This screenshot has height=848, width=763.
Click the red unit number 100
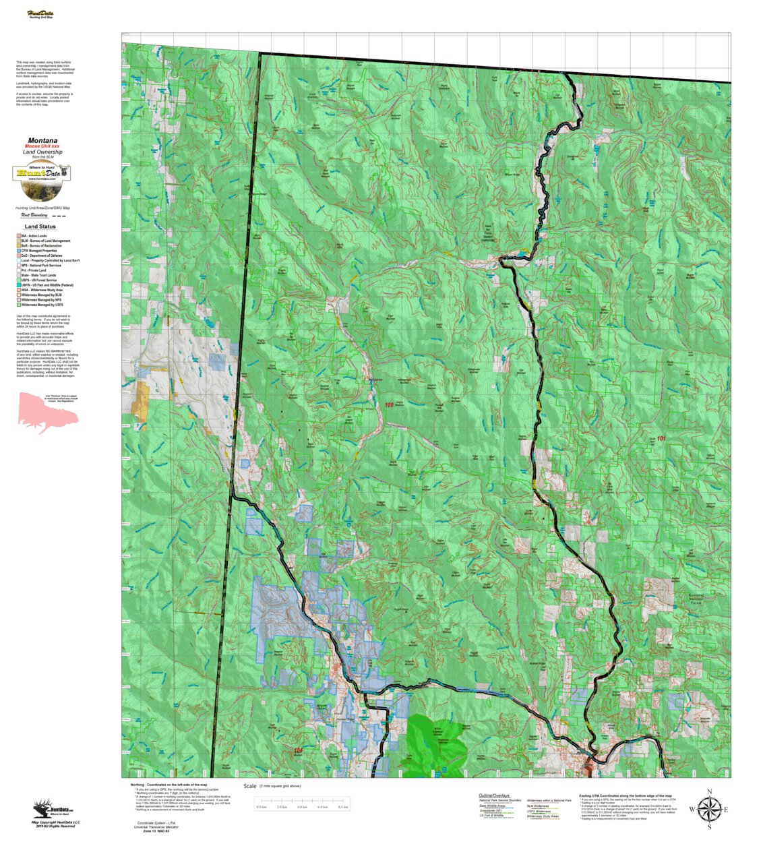389,405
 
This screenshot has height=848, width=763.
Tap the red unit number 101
661,439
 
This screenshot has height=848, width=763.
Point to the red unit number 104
298,750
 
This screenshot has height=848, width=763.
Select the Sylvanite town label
375,380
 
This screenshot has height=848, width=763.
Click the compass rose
708,809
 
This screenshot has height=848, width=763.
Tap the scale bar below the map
302,807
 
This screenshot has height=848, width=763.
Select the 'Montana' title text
42,141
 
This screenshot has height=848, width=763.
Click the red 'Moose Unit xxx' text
42,146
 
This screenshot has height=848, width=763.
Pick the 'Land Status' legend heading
40,226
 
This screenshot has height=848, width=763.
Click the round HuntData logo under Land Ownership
42,179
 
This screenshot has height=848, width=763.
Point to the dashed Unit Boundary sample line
59,216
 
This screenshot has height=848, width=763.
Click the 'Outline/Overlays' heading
494,795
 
